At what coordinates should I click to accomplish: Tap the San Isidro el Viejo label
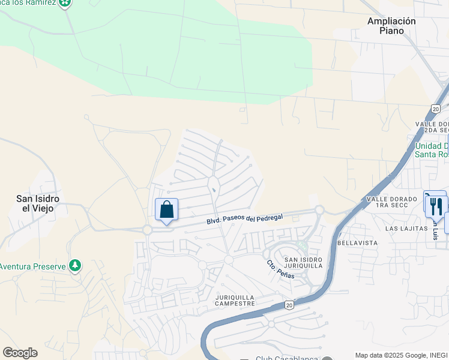click(x=35, y=203)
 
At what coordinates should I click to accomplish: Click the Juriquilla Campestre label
click(x=235, y=300)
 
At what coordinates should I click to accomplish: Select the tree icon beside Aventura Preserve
click(x=74, y=265)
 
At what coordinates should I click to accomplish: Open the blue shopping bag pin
click(x=167, y=209)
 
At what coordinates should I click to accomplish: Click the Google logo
click(x=20, y=353)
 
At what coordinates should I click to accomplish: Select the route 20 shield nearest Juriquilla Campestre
click(x=289, y=305)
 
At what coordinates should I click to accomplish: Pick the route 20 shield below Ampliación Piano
click(x=435, y=109)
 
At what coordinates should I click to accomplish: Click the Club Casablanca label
click(x=285, y=358)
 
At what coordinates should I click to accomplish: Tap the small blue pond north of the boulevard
click(x=214, y=191)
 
